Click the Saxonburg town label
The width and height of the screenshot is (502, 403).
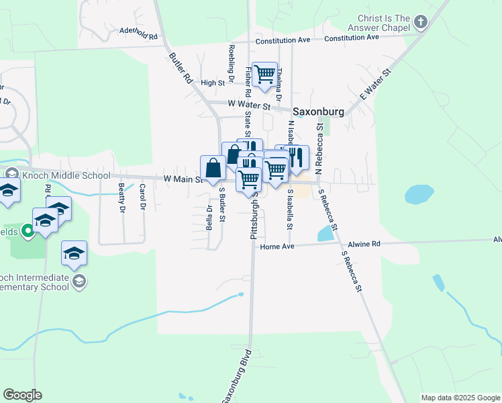(317, 111)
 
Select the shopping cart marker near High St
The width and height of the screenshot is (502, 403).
(265, 75)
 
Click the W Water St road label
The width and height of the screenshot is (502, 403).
(248, 105)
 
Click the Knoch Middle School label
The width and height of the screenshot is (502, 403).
(66, 176)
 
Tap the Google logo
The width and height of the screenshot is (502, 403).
(22, 395)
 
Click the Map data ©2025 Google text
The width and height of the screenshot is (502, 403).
(460, 398)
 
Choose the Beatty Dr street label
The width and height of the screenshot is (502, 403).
(121, 198)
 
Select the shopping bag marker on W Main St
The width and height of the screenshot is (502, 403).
(213, 169)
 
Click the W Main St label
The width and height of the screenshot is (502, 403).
(183, 179)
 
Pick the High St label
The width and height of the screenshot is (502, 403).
(211, 83)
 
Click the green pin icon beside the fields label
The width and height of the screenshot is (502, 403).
(28, 232)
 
